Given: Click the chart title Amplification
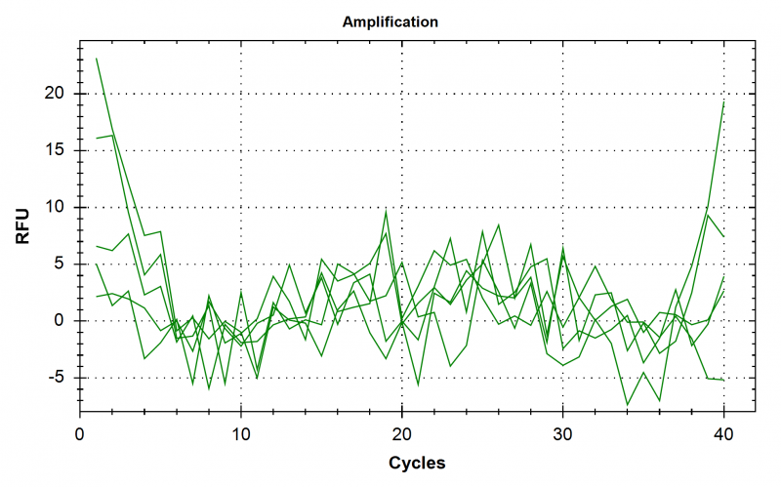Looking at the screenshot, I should tap(390, 20).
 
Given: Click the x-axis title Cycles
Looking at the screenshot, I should tap(418, 462).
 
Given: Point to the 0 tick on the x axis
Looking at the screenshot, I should tap(81, 431).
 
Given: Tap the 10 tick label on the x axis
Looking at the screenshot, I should tap(241, 431).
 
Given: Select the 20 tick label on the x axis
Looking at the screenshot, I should tap(402, 431).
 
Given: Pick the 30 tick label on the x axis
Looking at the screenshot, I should tap(562, 431).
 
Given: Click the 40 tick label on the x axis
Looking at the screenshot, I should tap(723, 431).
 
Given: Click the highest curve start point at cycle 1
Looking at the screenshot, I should tap(97, 59).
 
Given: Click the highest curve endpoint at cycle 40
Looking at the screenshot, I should tap(723, 101).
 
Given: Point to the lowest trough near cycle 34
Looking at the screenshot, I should tap(627, 405).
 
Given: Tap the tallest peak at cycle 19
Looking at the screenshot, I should tap(387, 211).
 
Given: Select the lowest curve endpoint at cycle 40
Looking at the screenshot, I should tap(723, 380).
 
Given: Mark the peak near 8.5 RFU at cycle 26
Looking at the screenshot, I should tap(499, 224).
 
